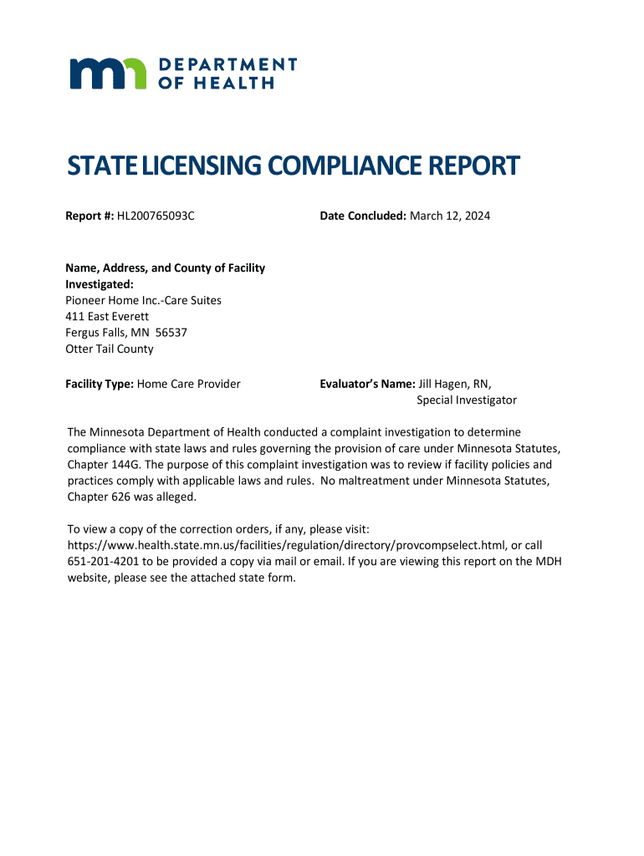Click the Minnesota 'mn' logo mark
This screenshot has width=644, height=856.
click(x=108, y=73)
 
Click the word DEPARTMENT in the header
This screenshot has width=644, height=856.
click(x=227, y=64)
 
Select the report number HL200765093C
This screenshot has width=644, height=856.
click(x=156, y=216)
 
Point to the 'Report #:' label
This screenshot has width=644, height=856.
click(x=89, y=216)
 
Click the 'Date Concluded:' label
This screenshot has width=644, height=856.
click(x=362, y=216)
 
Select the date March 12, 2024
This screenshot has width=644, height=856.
click(x=450, y=216)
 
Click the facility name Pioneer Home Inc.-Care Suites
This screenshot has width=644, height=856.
click(x=143, y=300)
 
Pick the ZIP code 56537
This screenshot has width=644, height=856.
click(x=171, y=333)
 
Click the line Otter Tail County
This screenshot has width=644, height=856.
click(x=110, y=349)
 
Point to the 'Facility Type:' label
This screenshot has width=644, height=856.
click(x=100, y=384)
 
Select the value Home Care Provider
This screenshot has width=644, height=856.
click(x=189, y=384)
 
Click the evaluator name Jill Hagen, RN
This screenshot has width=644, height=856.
click(x=455, y=384)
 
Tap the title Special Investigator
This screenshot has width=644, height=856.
click(x=467, y=400)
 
